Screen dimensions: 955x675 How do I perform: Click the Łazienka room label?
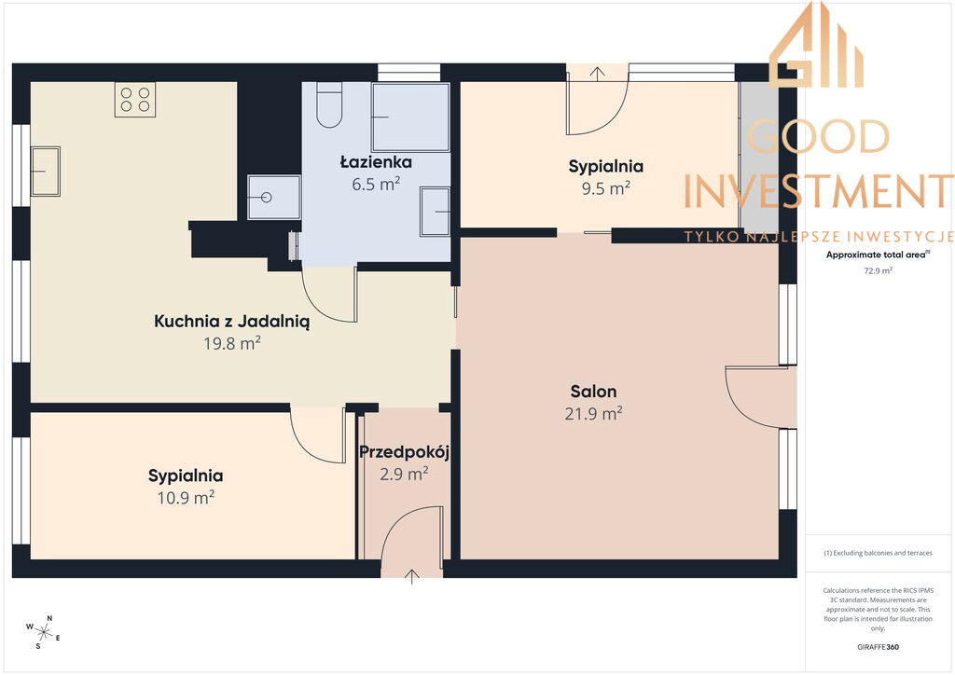coord(376,162)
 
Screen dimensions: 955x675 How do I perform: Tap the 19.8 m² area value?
coord(232,343)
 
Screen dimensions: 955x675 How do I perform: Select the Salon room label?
coord(593,392)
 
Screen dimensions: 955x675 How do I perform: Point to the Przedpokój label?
coord(405,452)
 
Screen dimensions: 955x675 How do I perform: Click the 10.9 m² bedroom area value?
coord(186,498)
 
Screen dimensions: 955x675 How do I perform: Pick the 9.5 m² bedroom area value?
coord(605,188)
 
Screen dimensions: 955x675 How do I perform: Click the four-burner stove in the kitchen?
coord(135,99)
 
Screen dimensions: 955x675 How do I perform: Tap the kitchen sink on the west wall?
coord(46,171)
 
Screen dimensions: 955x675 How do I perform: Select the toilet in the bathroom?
coord(329,104)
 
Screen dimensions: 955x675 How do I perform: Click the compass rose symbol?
coord(43,632)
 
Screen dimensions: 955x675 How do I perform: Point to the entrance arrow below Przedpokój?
coord(411,576)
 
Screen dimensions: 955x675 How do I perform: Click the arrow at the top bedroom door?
coord(597,74)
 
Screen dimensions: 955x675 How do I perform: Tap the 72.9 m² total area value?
coord(878,271)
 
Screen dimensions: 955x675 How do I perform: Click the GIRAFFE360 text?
coord(878,647)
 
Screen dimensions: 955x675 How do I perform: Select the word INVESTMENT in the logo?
coord(819,191)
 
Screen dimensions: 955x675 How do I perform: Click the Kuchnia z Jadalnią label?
coord(231,322)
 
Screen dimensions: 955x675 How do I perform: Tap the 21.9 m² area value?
coord(593,414)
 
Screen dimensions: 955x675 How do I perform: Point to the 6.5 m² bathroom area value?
coord(376,184)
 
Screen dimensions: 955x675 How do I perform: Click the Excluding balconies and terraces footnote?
coord(878,553)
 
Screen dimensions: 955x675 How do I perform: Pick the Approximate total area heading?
coord(878,255)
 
